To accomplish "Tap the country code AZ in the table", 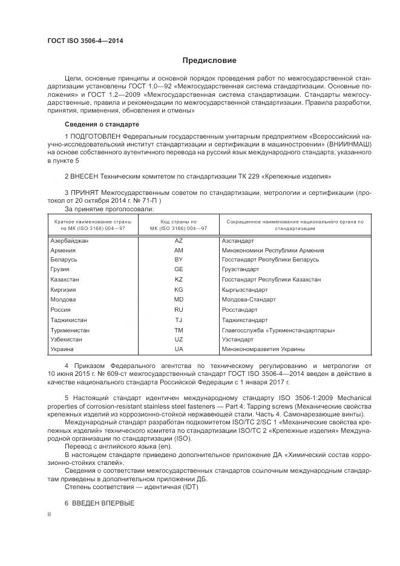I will [178, 240].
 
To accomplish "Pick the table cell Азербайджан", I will [70, 240].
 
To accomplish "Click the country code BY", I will [178, 260].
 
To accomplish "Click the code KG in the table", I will [178, 290].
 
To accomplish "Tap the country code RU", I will [178, 309].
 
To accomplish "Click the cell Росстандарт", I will [240, 309].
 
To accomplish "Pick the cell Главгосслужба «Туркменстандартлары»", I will [278, 330].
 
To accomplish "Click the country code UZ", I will [178, 340].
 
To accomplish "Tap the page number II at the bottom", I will [50, 514].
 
